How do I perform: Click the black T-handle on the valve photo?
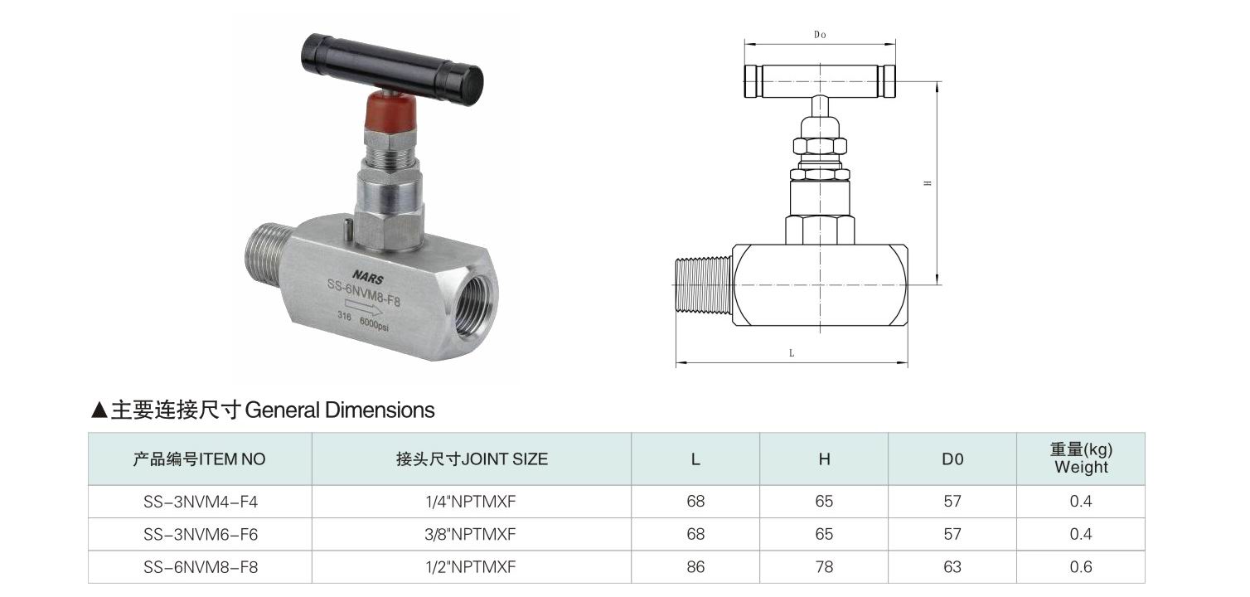coord(393,70)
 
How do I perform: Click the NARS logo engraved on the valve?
coord(368,277)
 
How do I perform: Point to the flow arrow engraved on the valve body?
coord(363,306)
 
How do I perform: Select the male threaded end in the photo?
coord(268,250)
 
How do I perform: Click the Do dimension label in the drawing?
coord(820,35)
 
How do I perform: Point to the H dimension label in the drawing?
coord(928,183)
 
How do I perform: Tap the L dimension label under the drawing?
coord(792,353)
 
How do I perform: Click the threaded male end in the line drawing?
coord(704,284)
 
